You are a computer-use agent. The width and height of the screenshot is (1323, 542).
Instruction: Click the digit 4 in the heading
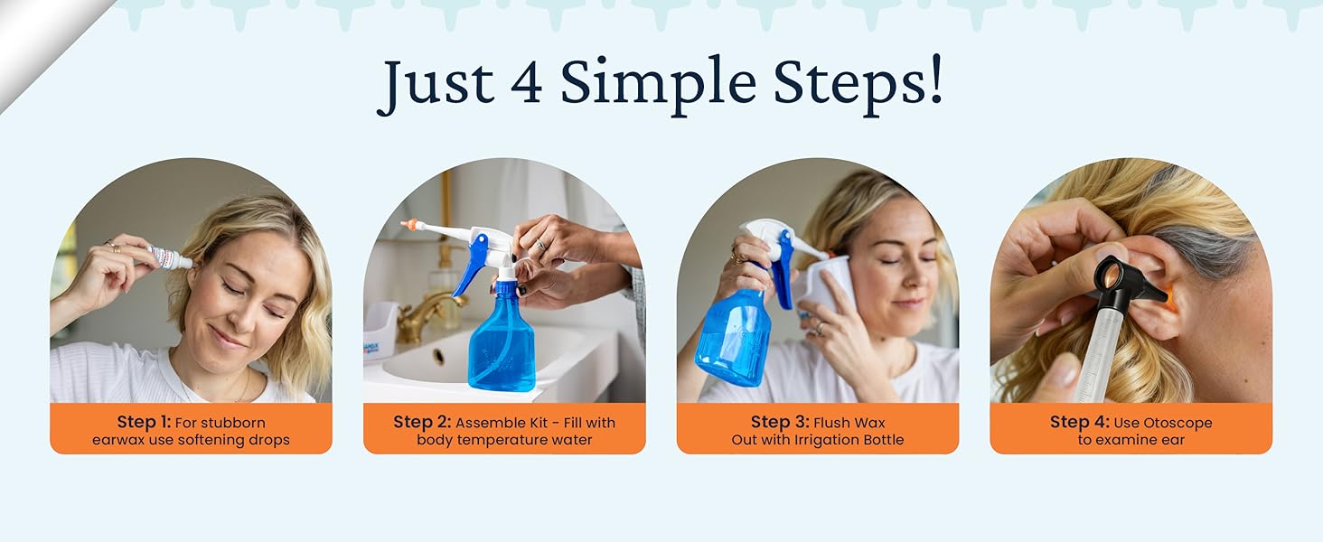tap(526, 83)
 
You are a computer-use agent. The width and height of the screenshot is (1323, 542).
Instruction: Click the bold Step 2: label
tap(422, 422)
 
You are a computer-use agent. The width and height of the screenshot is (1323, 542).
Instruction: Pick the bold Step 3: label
tap(780, 422)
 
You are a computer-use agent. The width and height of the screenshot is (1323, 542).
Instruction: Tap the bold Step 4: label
tap(1079, 422)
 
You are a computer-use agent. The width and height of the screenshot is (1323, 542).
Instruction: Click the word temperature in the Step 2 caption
tap(505, 440)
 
